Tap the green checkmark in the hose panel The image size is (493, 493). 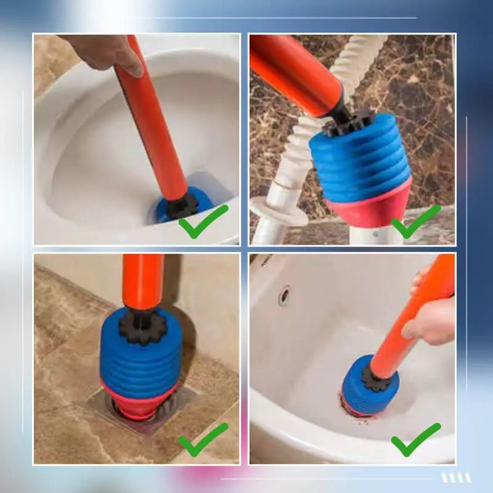(416, 222)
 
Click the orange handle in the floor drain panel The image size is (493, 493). (142, 280)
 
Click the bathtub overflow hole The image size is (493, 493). (284, 295)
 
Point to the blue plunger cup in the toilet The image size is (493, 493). (166, 210)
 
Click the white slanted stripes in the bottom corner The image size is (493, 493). (456, 478)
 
